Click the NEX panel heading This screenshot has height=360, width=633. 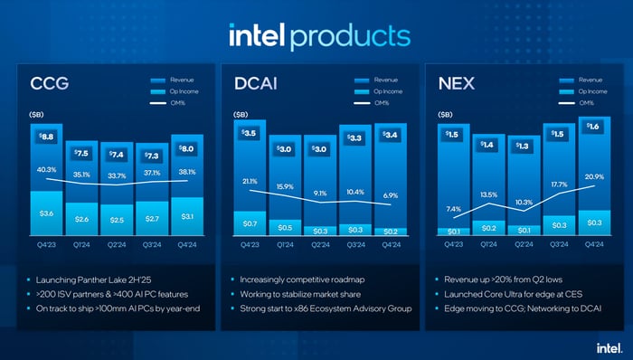(x=456, y=85)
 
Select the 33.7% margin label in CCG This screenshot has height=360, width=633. (x=117, y=176)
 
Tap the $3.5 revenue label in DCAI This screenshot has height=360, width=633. (x=250, y=134)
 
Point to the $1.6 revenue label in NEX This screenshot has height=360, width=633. (x=593, y=128)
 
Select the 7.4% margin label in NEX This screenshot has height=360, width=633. (x=453, y=209)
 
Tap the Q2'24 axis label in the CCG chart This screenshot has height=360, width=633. (x=117, y=244)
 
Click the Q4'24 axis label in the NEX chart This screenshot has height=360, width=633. (x=593, y=244)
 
